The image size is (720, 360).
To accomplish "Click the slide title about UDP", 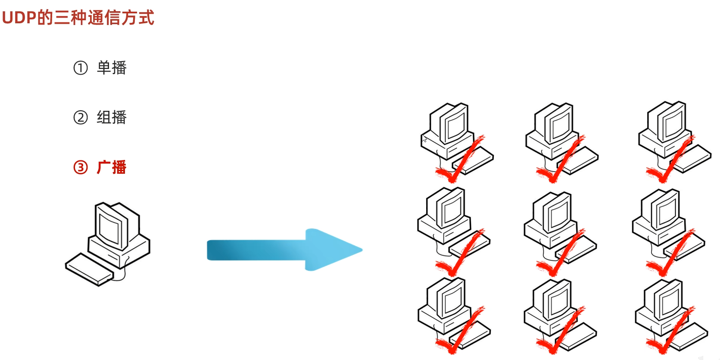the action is (78, 18).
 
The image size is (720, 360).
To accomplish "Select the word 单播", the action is (112, 68).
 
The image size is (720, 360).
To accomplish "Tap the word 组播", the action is (112, 117).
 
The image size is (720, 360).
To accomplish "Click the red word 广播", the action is (112, 167).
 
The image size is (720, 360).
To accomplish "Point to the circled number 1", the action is (81, 68).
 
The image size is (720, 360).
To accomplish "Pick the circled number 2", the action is (81, 117).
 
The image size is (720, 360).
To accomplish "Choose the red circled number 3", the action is (81, 167).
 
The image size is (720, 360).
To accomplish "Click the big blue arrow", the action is (284, 250).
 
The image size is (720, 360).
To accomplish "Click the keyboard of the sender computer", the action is (88, 269).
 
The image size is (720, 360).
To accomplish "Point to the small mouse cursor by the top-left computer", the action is (424, 139).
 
